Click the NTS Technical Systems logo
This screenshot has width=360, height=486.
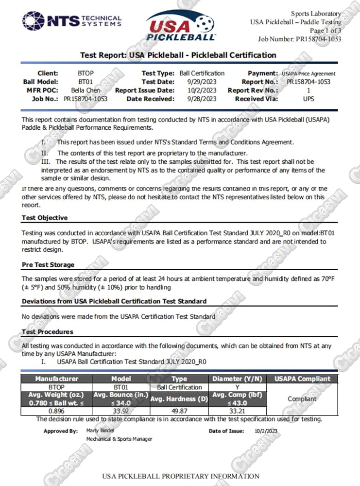(x=72, y=21)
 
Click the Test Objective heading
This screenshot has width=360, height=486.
(x=45, y=218)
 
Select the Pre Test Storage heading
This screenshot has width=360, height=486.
(x=48, y=265)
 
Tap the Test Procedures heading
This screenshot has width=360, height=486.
(x=48, y=331)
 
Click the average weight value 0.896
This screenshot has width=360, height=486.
(x=56, y=411)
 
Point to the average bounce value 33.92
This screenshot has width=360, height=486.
(x=120, y=411)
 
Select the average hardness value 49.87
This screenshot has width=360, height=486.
(x=179, y=411)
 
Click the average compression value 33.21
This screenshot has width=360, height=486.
(x=238, y=411)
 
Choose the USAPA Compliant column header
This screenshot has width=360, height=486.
(x=302, y=379)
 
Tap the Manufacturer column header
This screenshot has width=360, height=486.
(x=56, y=379)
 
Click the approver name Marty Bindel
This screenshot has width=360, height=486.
(x=100, y=430)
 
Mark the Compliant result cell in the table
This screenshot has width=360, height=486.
(x=302, y=399)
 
